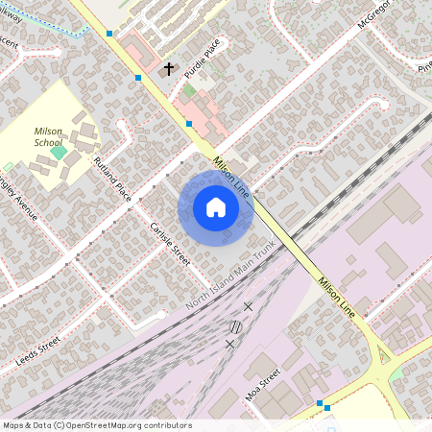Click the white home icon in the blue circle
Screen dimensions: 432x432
point(216,207)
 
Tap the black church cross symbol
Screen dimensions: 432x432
point(170,69)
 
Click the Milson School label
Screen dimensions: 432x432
point(48,135)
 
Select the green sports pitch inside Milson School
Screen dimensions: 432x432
point(59,152)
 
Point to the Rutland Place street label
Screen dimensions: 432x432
point(112,178)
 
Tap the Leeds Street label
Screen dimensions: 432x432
point(38,354)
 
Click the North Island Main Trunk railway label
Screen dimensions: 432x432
point(231,283)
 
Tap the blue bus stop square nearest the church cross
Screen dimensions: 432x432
point(139,77)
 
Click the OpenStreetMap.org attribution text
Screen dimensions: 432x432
point(123,425)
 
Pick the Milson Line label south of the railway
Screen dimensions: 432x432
point(336,297)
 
